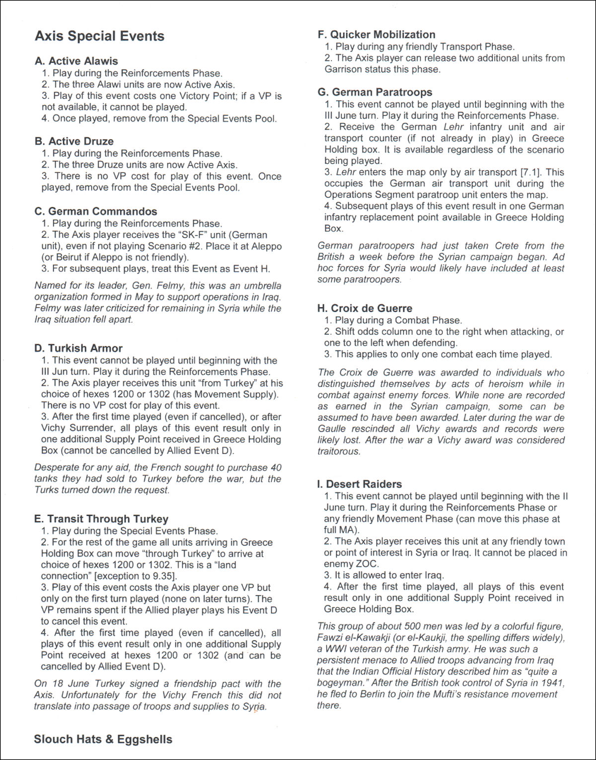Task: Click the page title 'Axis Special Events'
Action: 99,36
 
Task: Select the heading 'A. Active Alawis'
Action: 76,61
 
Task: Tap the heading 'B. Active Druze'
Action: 74,141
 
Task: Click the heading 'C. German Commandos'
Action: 96,211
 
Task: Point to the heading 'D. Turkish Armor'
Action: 78,348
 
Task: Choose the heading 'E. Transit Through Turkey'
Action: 101,519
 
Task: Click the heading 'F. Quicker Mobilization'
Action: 376,35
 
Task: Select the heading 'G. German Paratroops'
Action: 375,92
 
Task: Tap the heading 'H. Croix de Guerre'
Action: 365,308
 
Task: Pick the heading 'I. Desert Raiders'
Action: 360,484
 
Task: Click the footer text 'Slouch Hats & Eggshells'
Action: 103,739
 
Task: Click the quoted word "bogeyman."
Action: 343,683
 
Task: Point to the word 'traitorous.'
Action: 339,451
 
